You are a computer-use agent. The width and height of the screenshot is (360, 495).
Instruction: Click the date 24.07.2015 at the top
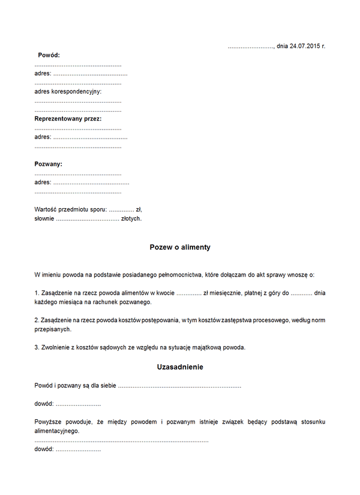pyautogui.click(x=304, y=46)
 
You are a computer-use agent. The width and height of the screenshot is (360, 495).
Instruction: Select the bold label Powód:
pyautogui.click(x=49, y=55)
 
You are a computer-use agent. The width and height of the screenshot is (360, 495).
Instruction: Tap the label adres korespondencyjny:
pyautogui.click(x=68, y=92)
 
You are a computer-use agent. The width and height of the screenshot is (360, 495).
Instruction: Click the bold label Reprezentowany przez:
pyautogui.click(x=68, y=119)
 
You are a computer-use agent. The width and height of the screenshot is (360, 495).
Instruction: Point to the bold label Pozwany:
pyautogui.click(x=49, y=164)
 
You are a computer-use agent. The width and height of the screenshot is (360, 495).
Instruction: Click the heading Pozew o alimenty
pyautogui.click(x=180, y=247)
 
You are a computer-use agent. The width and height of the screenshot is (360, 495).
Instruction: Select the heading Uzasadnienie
pyautogui.click(x=180, y=367)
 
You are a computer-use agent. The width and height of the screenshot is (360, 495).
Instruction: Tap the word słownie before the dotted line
pyautogui.click(x=44, y=219)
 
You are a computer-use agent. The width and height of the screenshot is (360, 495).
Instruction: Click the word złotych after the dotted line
pyautogui.click(x=131, y=219)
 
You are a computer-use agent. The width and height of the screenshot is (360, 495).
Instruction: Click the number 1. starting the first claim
pyautogui.click(x=37, y=293)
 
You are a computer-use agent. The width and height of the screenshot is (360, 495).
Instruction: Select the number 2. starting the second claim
pyautogui.click(x=37, y=320)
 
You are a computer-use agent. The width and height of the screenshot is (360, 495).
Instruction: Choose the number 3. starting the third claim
pyautogui.click(x=37, y=347)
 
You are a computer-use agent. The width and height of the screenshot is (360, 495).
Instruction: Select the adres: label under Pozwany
pyautogui.click(x=43, y=182)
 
